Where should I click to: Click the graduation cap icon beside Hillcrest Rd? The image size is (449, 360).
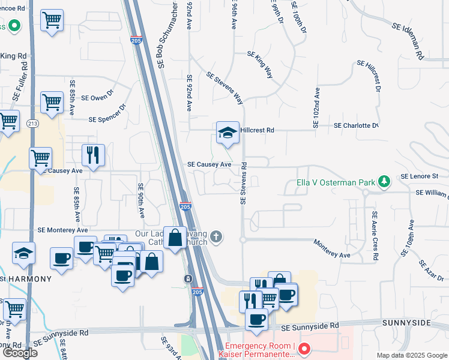point(228,133)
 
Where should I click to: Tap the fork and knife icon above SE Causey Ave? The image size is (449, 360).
point(93,155)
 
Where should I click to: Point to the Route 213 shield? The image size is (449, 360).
point(32,124)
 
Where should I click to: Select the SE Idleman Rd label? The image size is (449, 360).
point(408,40)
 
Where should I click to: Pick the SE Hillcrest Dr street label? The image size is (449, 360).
point(369,76)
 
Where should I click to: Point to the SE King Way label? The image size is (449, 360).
point(260,65)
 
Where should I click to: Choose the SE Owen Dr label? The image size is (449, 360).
point(97,97)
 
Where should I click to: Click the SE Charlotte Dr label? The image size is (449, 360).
point(355,126)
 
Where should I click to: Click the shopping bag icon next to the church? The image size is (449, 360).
point(175,238)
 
